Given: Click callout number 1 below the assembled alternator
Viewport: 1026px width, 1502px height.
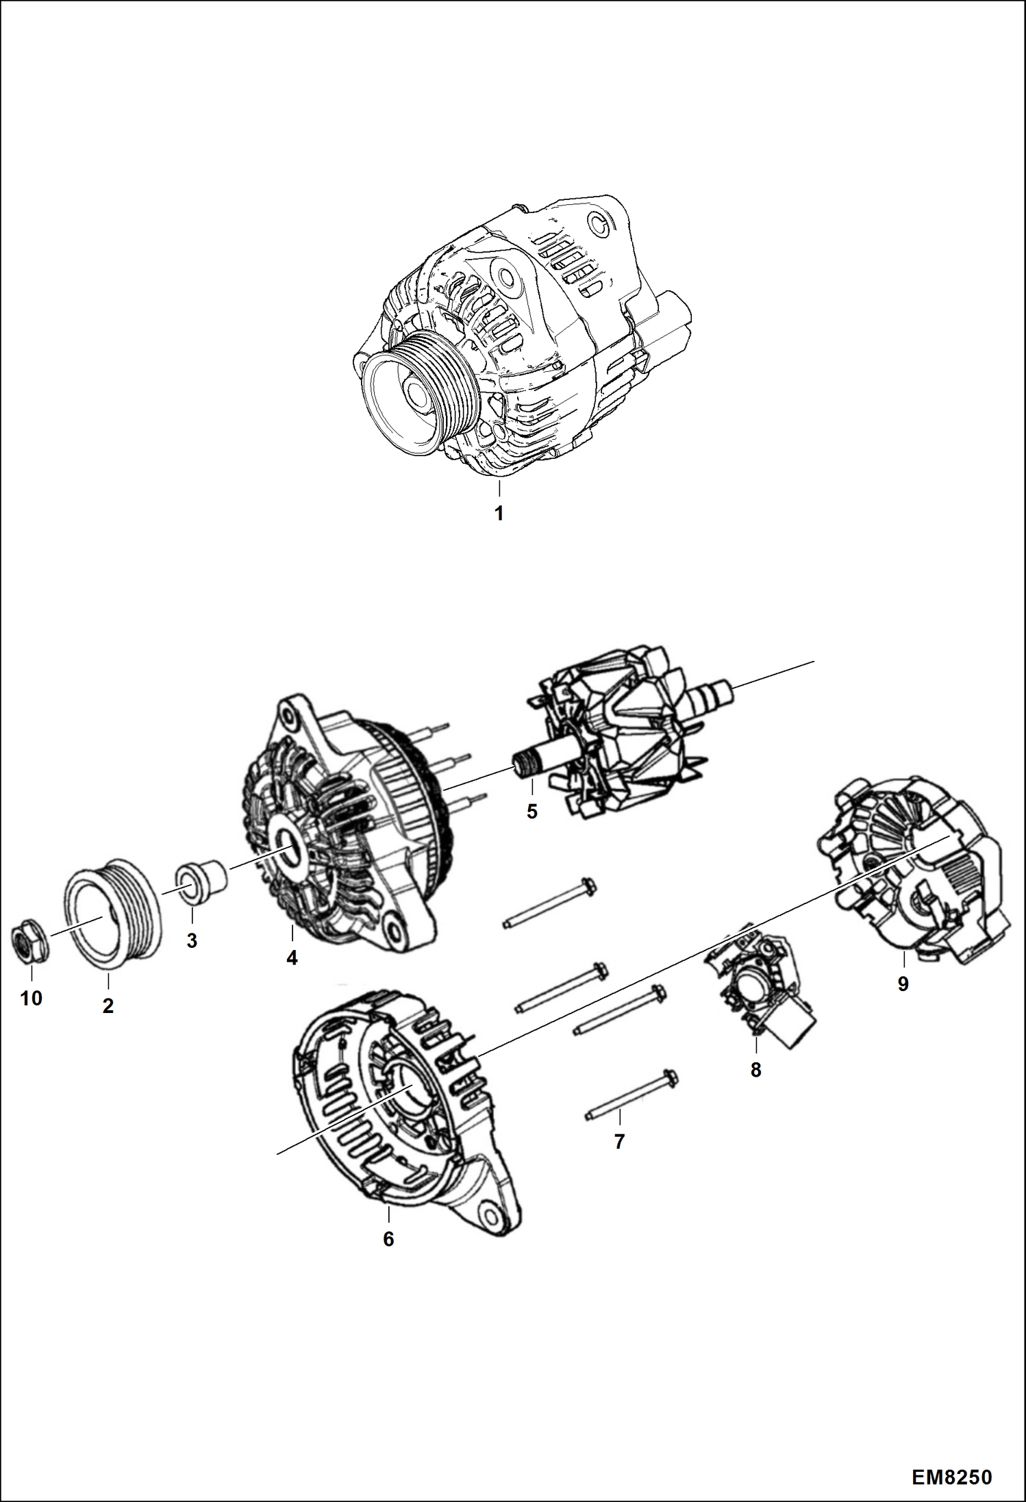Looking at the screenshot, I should pyautogui.click(x=499, y=513).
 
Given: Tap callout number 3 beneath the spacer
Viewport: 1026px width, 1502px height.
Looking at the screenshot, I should pyautogui.click(x=192, y=940).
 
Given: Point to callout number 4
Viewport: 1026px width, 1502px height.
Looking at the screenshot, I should pyautogui.click(x=292, y=958).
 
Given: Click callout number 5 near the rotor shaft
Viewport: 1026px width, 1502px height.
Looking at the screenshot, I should pyautogui.click(x=532, y=812).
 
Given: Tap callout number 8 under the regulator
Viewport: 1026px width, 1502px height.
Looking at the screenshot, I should pyautogui.click(x=755, y=1069).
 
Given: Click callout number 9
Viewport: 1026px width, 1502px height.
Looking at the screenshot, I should pyautogui.click(x=903, y=984).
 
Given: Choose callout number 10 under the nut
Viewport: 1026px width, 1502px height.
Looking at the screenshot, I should pyautogui.click(x=32, y=998).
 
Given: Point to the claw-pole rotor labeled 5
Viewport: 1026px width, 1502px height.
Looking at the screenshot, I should pyautogui.click(x=623, y=733).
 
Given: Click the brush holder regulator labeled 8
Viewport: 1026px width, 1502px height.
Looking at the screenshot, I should pyautogui.click(x=760, y=986).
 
